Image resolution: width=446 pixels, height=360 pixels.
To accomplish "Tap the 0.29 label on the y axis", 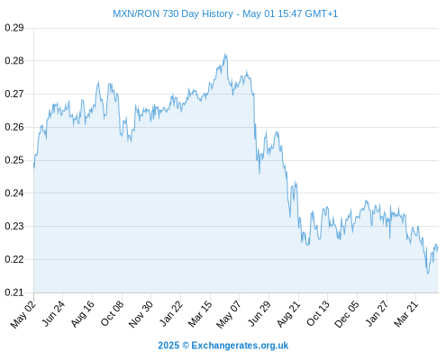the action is [14, 28].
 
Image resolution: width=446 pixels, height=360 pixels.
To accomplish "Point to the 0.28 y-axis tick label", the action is [14, 61].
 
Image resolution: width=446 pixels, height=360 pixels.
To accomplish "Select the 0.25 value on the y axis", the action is [14, 160].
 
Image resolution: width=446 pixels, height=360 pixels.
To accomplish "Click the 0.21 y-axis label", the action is [14, 292].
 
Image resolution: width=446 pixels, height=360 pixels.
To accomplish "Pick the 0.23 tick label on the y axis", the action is [14, 226].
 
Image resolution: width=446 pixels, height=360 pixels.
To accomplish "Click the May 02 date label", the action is [23, 314].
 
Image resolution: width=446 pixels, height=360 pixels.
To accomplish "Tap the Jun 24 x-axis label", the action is [53, 314].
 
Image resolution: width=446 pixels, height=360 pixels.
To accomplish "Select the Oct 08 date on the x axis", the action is [112, 314].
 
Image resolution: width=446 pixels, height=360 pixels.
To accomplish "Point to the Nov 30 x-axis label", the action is [141, 314].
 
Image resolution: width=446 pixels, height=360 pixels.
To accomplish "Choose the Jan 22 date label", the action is [170, 314].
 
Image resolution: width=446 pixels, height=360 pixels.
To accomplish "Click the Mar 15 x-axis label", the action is [200, 314].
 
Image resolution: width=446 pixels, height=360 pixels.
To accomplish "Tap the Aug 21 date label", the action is [288, 314].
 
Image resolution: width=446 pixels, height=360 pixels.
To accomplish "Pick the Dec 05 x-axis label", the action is [347, 314].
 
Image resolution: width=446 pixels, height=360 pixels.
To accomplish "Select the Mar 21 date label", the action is [406, 314].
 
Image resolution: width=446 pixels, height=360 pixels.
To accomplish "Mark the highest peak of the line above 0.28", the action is [225, 54].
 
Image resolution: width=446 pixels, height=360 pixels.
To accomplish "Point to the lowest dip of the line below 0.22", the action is [428, 274].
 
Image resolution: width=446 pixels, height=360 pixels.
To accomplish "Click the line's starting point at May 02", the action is [34, 167].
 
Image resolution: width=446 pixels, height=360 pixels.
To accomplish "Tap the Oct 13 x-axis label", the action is [318, 314].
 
